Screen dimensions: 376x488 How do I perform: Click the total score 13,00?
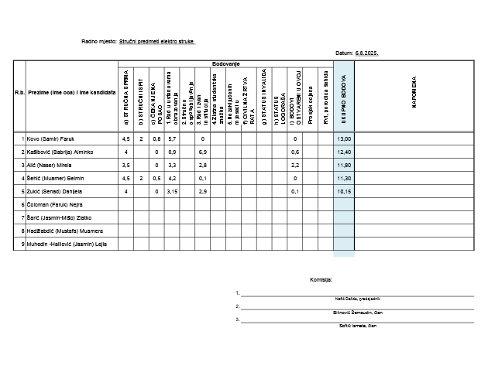[x=344, y=138]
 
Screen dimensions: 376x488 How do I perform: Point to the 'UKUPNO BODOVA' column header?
[x=344, y=100]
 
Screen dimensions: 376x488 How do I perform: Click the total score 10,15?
[x=344, y=191]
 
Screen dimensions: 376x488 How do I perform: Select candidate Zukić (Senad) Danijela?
[x=54, y=191]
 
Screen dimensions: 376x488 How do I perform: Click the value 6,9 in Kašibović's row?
[x=202, y=152]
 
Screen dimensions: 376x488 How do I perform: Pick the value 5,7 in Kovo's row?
[x=172, y=138]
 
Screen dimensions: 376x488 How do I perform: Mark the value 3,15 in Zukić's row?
[x=172, y=191]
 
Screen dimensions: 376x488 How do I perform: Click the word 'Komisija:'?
[x=321, y=279]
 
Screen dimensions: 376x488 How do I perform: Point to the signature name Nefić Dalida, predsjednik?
[x=356, y=298]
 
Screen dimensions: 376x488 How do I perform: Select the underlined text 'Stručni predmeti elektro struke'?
[x=156, y=43]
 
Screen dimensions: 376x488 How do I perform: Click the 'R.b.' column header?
[x=19, y=92]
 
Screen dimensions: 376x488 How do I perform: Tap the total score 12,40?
[x=344, y=152]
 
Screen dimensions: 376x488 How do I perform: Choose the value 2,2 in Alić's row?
[x=294, y=165]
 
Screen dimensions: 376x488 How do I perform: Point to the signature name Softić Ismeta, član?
[x=356, y=326]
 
